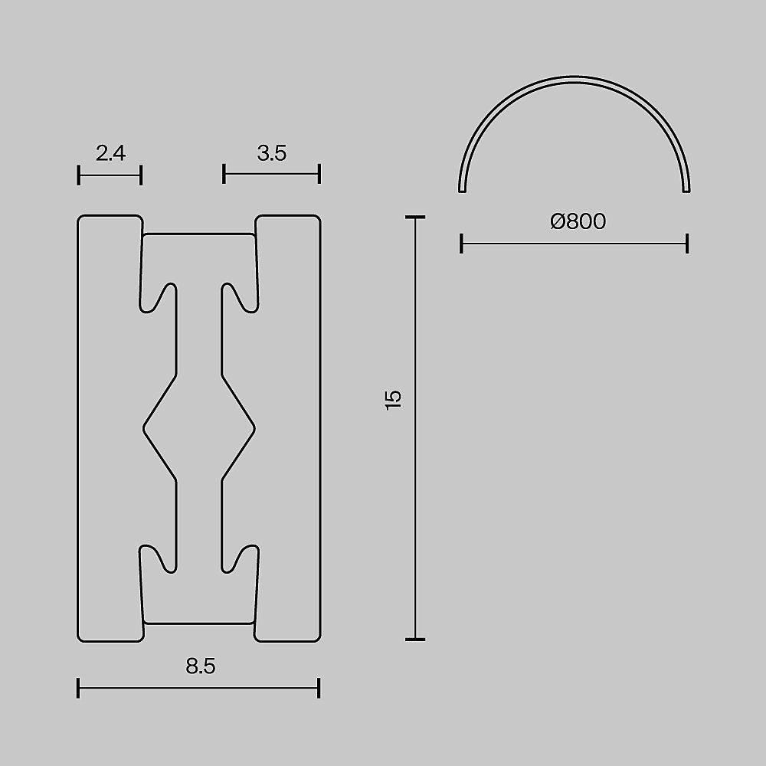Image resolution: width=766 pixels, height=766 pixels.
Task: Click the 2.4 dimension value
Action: tap(110, 153)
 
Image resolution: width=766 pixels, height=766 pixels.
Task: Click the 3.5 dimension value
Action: tap(271, 153)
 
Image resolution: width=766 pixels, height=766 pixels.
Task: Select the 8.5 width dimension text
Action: tap(200, 666)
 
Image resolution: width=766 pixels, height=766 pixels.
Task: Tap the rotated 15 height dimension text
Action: tap(393, 400)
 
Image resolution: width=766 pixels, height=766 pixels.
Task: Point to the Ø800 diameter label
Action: tap(578, 222)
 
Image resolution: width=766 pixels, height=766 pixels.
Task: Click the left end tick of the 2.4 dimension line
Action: tap(79, 175)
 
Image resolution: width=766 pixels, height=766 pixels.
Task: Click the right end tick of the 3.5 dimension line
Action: tap(319, 174)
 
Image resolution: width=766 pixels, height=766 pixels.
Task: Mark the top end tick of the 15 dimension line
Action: tap(414, 218)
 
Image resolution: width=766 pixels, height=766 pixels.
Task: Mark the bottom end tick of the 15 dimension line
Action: tap(414, 639)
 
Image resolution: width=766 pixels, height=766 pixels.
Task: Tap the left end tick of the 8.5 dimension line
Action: tap(79, 688)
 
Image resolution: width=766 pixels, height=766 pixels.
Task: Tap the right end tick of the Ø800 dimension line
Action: tap(687, 244)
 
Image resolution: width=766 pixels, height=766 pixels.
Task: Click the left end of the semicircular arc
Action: tap(462, 189)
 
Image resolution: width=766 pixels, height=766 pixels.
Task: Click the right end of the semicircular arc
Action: tap(686, 189)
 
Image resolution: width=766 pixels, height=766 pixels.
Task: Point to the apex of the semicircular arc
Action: tap(574, 78)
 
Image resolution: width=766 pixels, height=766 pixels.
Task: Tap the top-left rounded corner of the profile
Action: tap(83, 220)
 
